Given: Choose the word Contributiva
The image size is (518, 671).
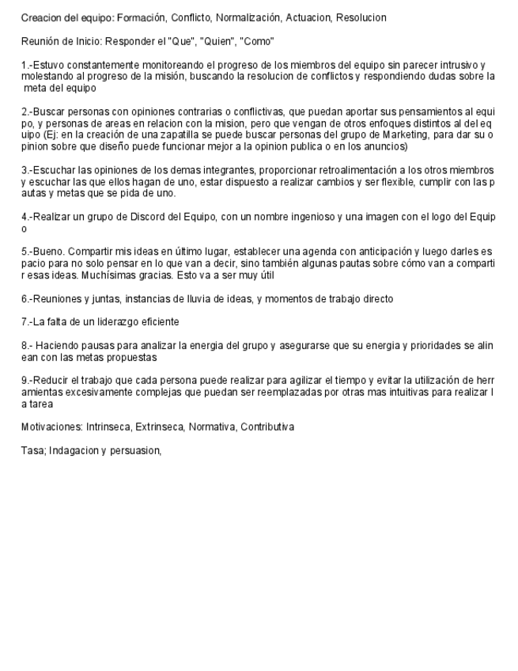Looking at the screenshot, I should point(266,426).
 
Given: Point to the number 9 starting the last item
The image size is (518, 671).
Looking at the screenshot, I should point(24,380).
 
